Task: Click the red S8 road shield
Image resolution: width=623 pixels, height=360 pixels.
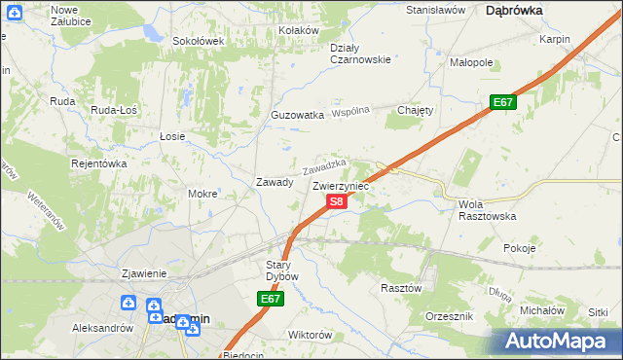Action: click(335, 201)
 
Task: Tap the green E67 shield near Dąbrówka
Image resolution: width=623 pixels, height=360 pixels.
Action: click(502, 102)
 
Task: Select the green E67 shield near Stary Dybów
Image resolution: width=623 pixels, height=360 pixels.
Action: click(272, 301)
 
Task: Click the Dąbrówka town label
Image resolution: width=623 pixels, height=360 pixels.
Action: click(514, 10)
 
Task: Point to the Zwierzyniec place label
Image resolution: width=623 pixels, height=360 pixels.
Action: click(341, 184)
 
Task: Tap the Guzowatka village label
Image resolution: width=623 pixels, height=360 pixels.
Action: click(297, 115)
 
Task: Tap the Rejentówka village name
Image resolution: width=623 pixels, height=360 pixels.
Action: click(99, 163)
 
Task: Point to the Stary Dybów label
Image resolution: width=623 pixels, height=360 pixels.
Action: click(275, 270)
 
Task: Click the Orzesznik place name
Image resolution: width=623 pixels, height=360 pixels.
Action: click(449, 317)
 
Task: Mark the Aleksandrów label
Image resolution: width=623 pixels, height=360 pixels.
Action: click(102, 328)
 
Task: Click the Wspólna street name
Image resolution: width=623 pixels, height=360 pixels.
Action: click(351, 112)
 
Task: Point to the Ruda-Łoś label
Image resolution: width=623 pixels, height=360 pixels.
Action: click(114, 111)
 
